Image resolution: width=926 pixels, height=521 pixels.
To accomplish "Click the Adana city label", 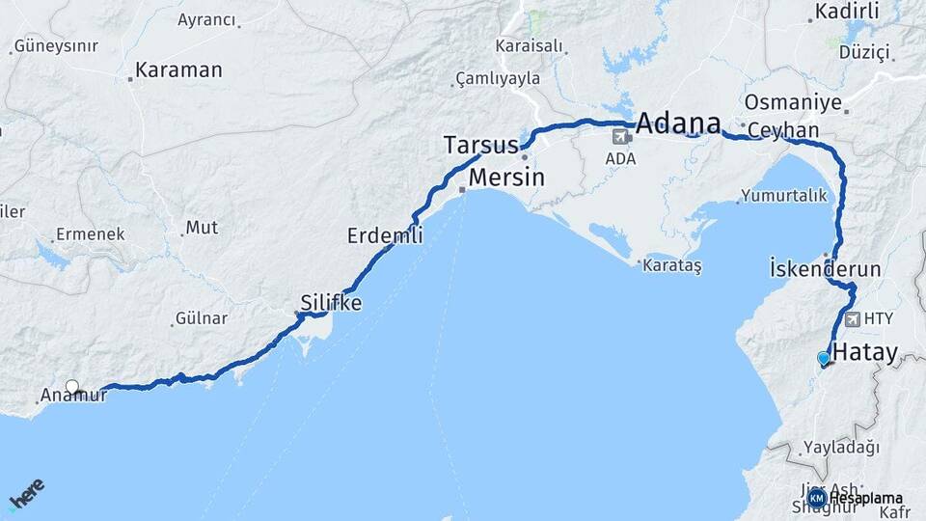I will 679,123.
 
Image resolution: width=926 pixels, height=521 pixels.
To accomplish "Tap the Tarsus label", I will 480,146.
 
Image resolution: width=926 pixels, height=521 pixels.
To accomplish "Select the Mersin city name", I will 506,178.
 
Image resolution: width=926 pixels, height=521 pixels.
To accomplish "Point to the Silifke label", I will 331,303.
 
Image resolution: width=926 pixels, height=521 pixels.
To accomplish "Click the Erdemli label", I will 385,235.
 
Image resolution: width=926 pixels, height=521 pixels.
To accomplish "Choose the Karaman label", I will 178,70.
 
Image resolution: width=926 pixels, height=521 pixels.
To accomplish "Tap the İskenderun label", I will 826,268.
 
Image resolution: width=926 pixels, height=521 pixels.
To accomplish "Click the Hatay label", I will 864,352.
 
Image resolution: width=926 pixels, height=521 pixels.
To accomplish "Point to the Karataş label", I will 673,263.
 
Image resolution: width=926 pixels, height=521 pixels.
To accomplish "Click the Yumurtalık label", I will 783,196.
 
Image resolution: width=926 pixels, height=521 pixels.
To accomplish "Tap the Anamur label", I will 73,395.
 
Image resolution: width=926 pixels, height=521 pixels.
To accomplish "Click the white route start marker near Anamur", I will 72,387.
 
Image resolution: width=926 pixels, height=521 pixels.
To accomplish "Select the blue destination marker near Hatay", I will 823,359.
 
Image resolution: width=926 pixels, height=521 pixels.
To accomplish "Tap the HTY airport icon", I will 852,318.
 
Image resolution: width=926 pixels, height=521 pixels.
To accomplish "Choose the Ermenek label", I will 91,233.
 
